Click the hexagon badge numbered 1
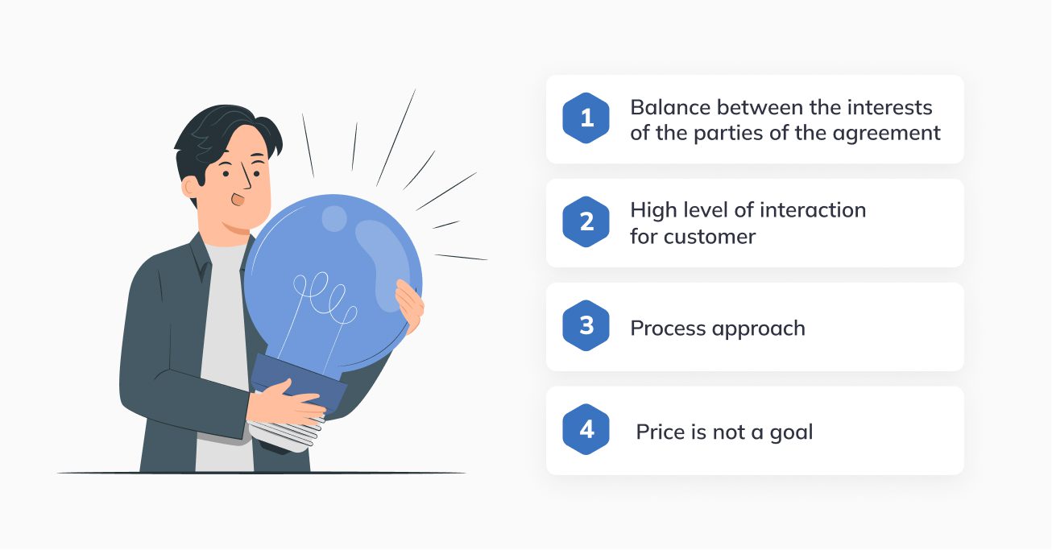click(586, 119)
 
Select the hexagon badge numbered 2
click(586, 222)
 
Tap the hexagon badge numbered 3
click(586, 326)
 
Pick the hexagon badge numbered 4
click(586, 430)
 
